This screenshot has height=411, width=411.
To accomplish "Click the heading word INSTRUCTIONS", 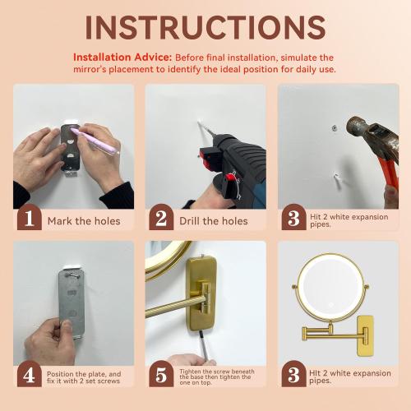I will pyautogui.click(x=205, y=26).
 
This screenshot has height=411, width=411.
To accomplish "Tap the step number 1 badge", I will pyautogui.click(x=29, y=219).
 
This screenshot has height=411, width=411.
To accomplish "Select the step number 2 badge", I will pyautogui.click(x=161, y=219).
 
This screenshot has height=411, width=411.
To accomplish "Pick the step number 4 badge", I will pyautogui.click(x=29, y=376).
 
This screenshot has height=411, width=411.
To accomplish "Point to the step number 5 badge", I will pyautogui.click(x=161, y=376).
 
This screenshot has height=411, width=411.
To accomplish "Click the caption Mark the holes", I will pyautogui.click(x=84, y=220).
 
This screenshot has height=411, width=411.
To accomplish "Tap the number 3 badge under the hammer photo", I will pyautogui.click(x=293, y=219).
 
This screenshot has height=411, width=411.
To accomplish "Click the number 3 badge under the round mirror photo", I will pyautogui.click(x=293, y=376).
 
